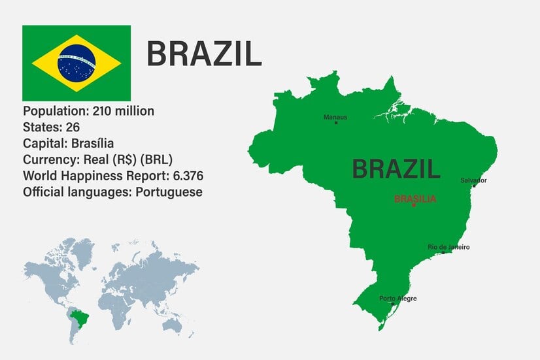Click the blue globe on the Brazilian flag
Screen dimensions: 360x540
(76, 63)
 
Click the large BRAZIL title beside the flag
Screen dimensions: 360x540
(203, 54)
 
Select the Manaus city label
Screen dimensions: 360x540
(335, 118)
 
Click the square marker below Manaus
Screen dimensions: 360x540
(336, 123)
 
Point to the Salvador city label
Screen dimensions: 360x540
(473, 180)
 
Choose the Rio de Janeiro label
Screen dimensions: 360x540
(448, 247)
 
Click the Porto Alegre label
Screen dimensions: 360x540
(397, 299)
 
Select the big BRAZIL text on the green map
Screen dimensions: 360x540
(396, 169)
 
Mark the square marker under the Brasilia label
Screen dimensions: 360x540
(414, 205)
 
